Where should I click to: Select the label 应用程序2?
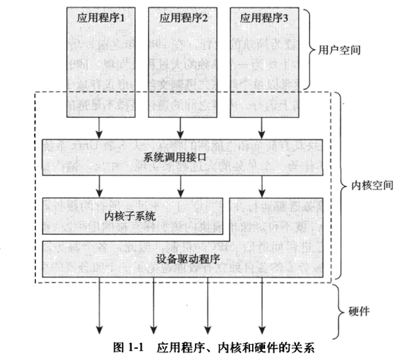(x=183, y=18)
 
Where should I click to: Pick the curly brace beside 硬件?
(x=340, y=309)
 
